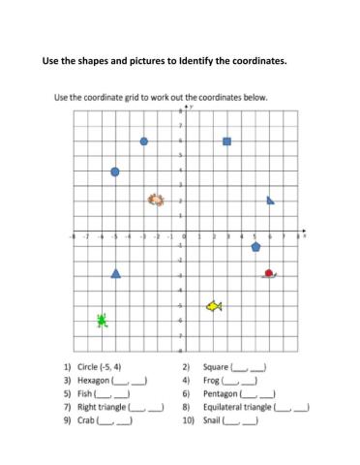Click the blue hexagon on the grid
pos(144,141)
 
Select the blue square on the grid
pos(227,141)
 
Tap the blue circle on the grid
pos(115,171)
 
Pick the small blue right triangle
pos(270,201)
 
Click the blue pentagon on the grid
pos(255,247)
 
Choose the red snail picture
pos(270,274)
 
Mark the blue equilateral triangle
pos(116,273)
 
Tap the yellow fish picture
pos(214,306)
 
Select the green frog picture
pos(102,320)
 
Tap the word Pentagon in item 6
pos(222,394)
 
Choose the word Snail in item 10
pos(213,420)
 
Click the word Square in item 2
pos(216,368)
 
